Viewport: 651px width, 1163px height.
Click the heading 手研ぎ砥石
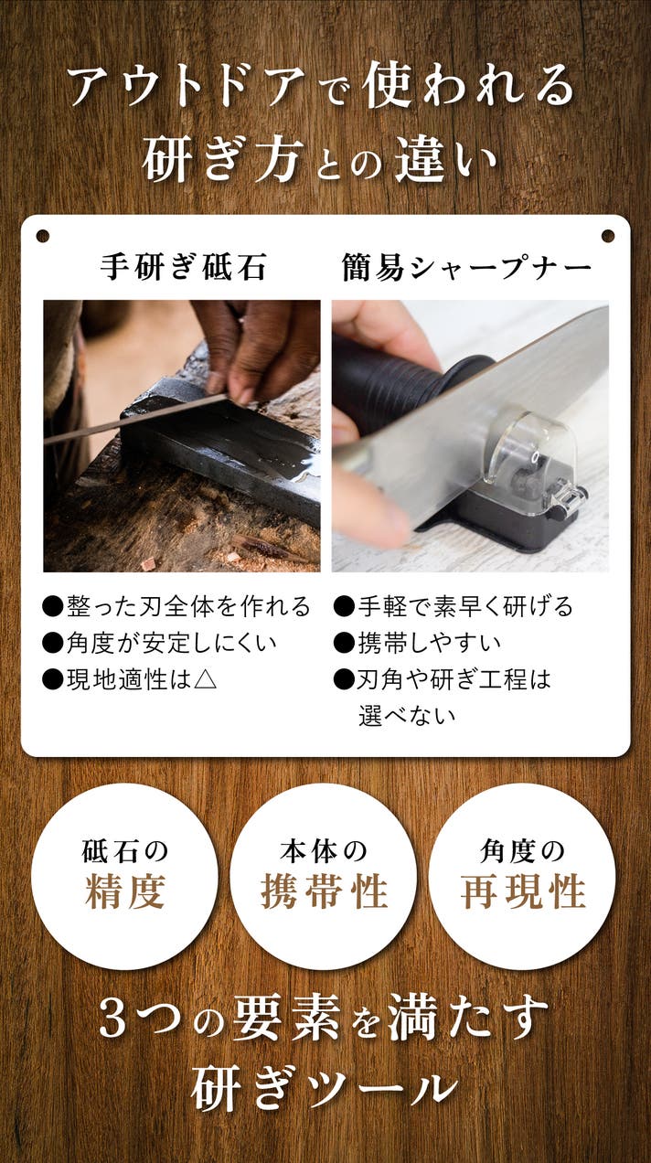tap(183, 267)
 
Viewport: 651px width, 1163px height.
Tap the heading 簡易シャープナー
tap(466, 268)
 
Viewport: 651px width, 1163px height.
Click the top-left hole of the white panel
tap(43, 236)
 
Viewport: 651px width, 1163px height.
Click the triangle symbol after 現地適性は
tap(205, 679)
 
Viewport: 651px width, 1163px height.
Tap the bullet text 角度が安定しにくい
tap(171, 643)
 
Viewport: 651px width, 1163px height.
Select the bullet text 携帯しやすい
tap(429, 643)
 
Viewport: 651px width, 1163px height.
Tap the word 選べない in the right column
tap(407, 716)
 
